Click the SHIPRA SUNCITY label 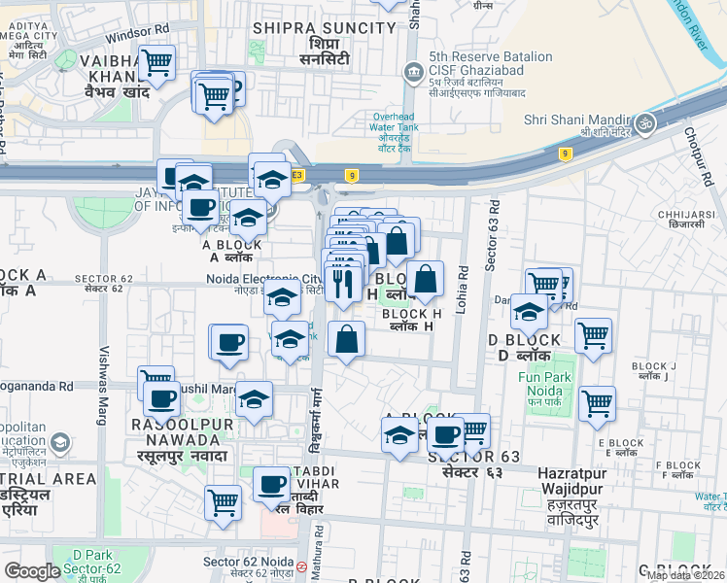point(325,28)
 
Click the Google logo point(32,571)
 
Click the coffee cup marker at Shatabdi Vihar point(271,484)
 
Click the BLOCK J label point(652,366)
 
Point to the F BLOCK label point(679,465)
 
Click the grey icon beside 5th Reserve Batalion point(415,71)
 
